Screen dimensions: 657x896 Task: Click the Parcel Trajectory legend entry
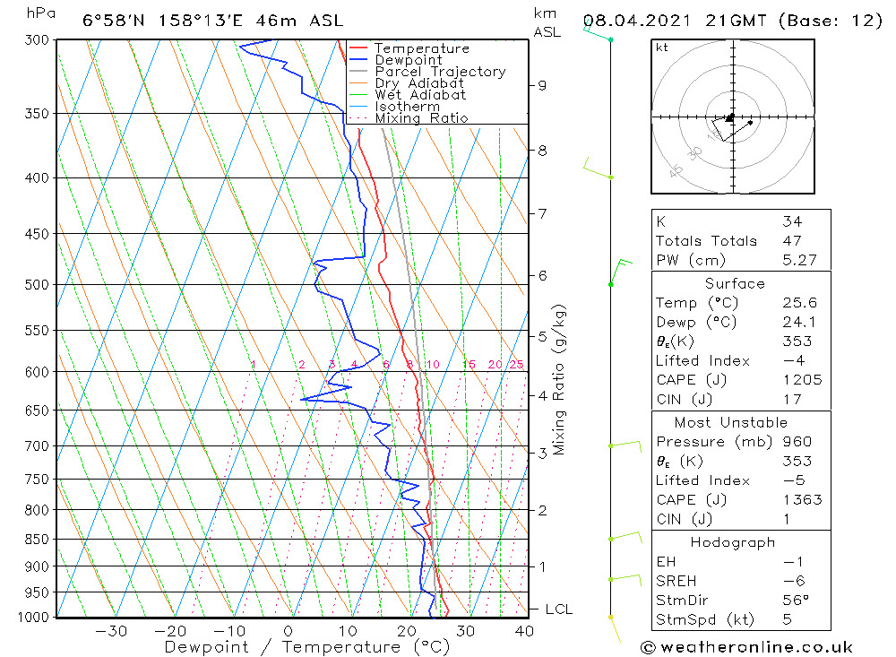pyautogui.click(x=440, y=72)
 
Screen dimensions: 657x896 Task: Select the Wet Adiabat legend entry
pyautogui.click(x=420, y=95)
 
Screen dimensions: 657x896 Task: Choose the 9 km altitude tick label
pyautogui.click(x=542, y=85)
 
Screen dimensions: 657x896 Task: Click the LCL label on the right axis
pyautogui.click(x=558, y=609)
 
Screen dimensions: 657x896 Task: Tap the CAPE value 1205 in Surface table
pyautogui.click(x=802, y=380)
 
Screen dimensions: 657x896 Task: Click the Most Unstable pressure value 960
pyautogui.click(x=797, y=442)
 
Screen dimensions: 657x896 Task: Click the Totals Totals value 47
pyautogui.click(x=792, y=241)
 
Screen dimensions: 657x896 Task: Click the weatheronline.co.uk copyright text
pyautogui.click(x=746, y=647)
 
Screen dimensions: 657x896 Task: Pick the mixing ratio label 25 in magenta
pyautogui.click(x=516, y=364)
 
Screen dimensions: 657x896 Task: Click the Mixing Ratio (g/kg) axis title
pyautogui.click(x=560, y=380)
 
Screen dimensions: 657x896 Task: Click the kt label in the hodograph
pyautogui.click(x=661, y=48)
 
